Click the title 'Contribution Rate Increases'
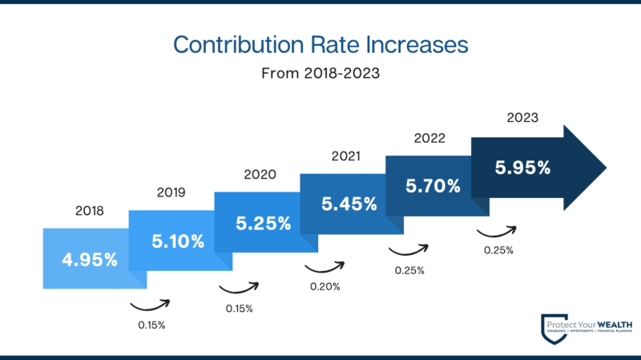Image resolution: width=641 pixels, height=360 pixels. tap(320, 44)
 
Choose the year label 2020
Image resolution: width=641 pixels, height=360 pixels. tap(260, 174)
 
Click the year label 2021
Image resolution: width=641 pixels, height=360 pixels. tap(345, 156)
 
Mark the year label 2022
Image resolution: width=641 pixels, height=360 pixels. tap(429, 138)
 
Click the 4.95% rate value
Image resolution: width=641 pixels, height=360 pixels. tap(90, 259)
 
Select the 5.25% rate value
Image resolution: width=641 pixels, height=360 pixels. tap(263, 222)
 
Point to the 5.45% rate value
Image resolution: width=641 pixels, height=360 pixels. tap(349, 204)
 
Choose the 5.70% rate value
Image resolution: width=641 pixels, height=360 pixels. tap(433, 186)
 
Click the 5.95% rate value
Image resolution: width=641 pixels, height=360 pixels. tap(522, 168)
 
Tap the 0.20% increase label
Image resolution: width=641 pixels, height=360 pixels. tap(325, 286)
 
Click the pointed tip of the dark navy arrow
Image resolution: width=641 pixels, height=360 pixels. tap(605, 168)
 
